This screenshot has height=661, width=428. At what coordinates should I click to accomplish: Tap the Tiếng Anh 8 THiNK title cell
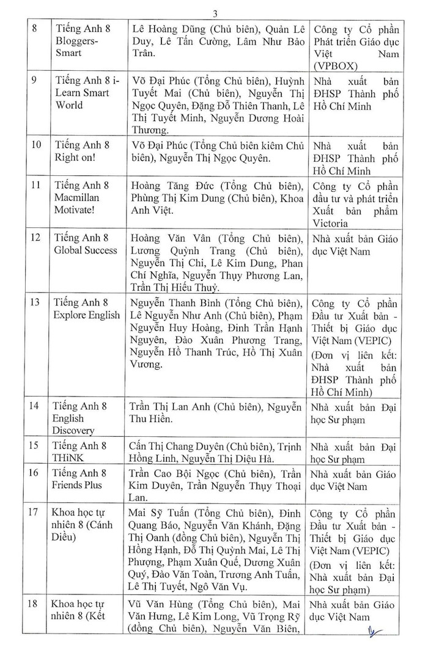coord(79,453)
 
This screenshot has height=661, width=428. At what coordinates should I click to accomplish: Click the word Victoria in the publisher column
coord(331,223)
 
